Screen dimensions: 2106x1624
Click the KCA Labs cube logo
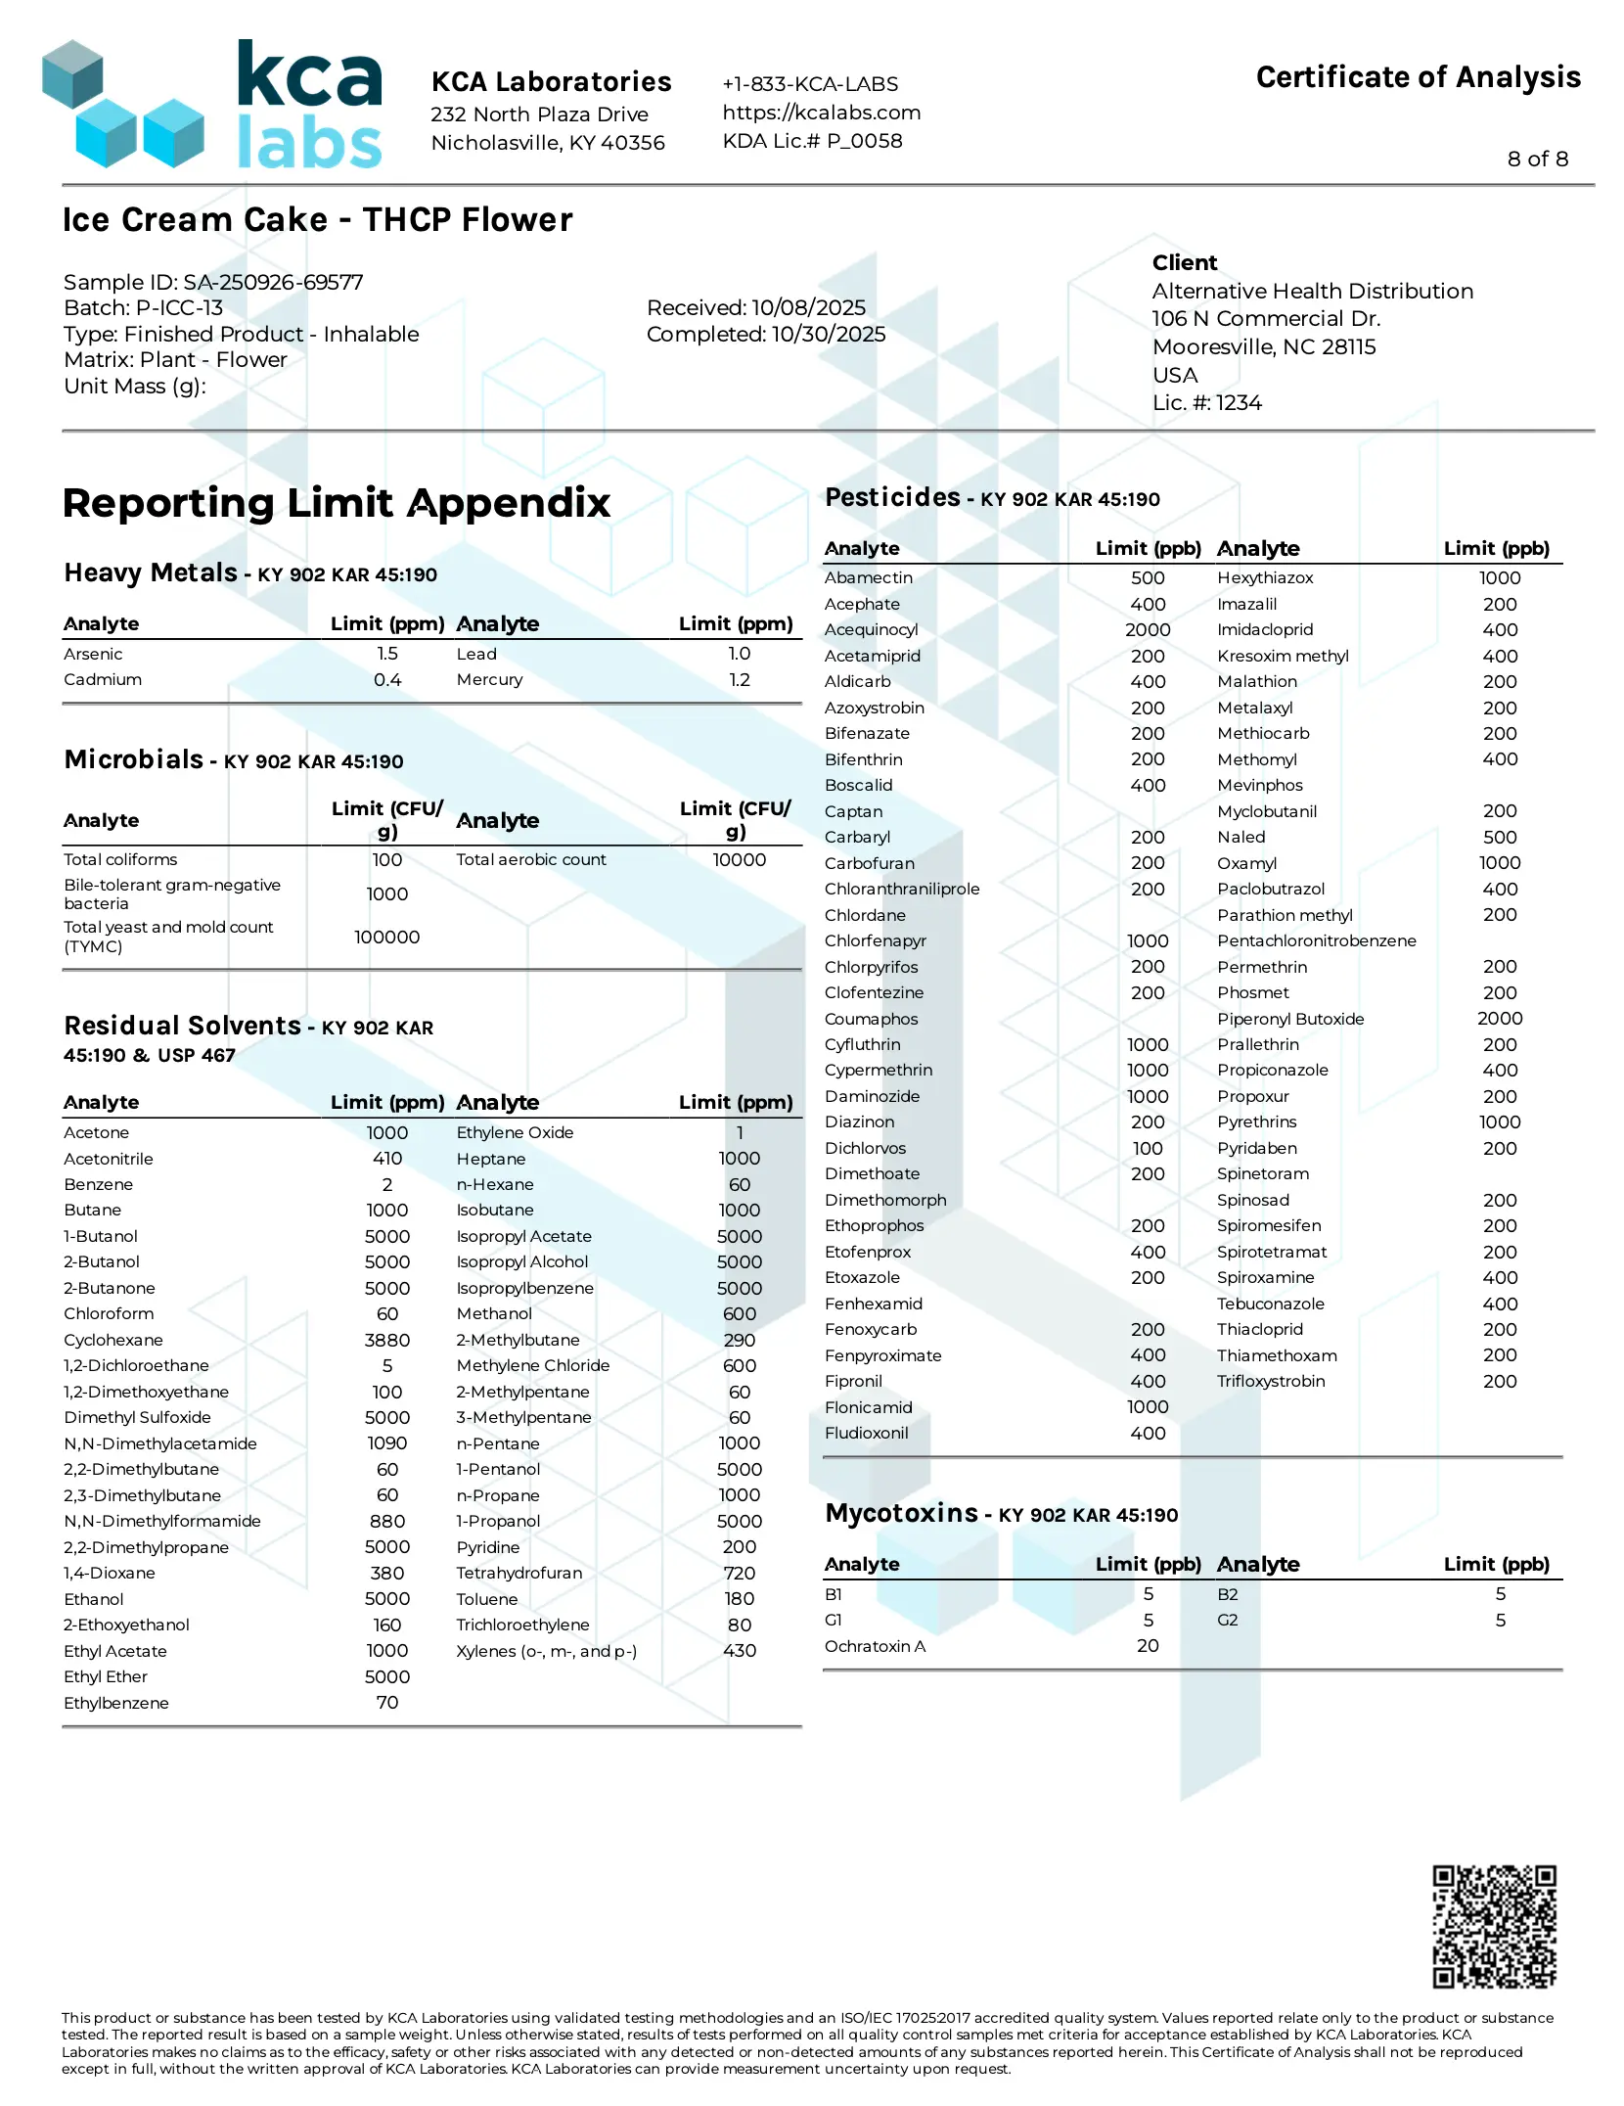[122, 104]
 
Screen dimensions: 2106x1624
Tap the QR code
[1493, 1926]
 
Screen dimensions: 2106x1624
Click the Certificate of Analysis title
[1418, 77]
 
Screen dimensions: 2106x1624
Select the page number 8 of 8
[1537, 159]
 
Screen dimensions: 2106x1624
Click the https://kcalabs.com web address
[821, 113]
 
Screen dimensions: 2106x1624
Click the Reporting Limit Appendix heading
[337, 503]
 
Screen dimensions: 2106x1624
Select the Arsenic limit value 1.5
[387, 654]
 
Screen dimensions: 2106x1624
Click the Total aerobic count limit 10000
[739, 859]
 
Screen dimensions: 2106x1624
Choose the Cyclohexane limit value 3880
[387, 1340]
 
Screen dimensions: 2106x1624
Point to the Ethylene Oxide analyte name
[515, 1132]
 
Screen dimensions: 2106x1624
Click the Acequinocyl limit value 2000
[1147, 630]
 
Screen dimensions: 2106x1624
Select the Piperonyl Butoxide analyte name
[1289, 1019]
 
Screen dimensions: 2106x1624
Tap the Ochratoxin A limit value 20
[1148, 1646]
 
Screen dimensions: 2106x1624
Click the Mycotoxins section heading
[901, 1513]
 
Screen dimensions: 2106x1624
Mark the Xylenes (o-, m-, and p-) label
[546, 1651]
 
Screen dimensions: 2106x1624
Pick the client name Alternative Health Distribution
[1312, 291]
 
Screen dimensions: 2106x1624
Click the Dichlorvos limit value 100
[1147, 1148]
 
